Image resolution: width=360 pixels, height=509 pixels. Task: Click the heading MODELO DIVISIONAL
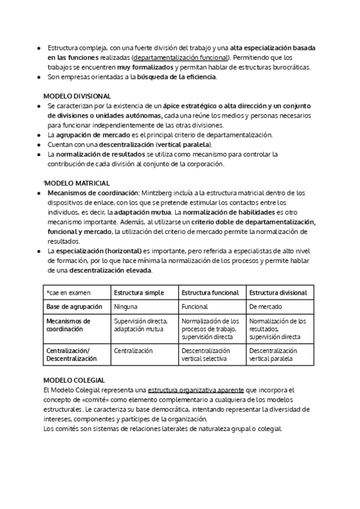pyautogui.click(x=77, y=96)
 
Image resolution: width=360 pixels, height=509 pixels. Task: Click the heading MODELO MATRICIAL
pyautogui.click(x=77, y=182)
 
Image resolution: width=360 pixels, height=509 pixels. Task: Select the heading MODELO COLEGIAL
pyautogui.click(x=74, y=380)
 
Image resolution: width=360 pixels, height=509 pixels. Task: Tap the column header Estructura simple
pyautogui.click(x=138, y=292)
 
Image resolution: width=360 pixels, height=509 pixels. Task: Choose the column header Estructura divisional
pyautogui.click(x=278, y=292)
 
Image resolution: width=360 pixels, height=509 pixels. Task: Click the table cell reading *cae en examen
pyautogui.click(x=68, y=292)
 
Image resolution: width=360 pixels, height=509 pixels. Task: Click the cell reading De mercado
pyautogui.click(x=265, y=306)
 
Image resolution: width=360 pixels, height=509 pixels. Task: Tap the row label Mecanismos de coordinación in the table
pyautogui.click(x=68, y=325)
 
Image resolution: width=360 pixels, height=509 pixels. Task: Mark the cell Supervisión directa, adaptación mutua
pyautogui.click(x=140, y=325)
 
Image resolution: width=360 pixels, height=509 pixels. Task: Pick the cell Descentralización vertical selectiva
pyautogui.click(x=206, y=354)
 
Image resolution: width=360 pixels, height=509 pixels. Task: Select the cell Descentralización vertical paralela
pyautogui.click(x=274, y=354)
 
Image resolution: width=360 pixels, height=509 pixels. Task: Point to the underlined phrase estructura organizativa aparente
pyautogui.click(x=196, y=390)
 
